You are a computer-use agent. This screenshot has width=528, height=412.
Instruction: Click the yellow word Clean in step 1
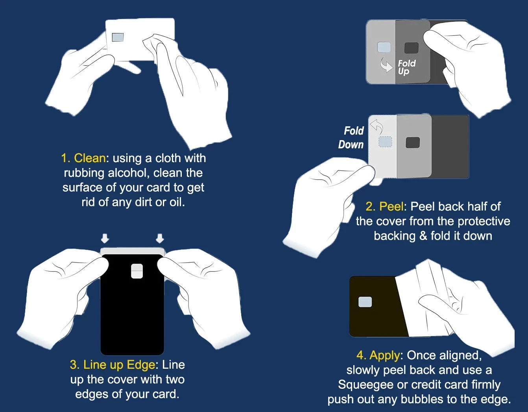pyautogui.click(x=90, y=158)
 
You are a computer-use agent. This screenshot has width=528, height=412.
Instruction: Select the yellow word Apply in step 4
pyautogui.click(x=384, y=355)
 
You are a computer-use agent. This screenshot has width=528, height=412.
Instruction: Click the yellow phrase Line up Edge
pyautogui.click(x=119, y=365)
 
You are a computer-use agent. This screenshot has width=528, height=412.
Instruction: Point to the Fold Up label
pyautogui.click(x=406, y=67)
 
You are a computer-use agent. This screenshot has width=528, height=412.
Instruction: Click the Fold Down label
pyautogui.click(x=351, y=137)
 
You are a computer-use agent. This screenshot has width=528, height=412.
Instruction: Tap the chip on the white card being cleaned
pyautogui.click(x=118, y=37)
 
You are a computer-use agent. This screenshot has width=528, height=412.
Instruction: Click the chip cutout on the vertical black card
pyautogui.click(x=137, y=271)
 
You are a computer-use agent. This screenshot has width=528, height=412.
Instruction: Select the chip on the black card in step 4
pyautogui.click(x=365, y=302)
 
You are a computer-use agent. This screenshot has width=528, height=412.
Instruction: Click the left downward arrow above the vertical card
pyautogui.click(x=105, y=238)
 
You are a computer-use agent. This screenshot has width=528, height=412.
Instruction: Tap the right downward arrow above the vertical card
pyautogui.click(x=160, y=238)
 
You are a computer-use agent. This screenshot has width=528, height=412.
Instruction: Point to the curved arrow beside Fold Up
pyautogui.click(x=386, y=65)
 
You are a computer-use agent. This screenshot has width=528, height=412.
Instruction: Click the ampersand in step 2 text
pyautogui.click(x=423, y=236)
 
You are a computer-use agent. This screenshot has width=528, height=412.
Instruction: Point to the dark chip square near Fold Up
pyautogui.click(x=412, y=48)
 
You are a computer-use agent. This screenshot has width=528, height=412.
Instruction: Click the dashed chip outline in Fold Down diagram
pyautogui.click(x=385, y=142)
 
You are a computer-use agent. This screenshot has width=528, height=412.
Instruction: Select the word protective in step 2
pyautogui.click(x=484, y=221)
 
